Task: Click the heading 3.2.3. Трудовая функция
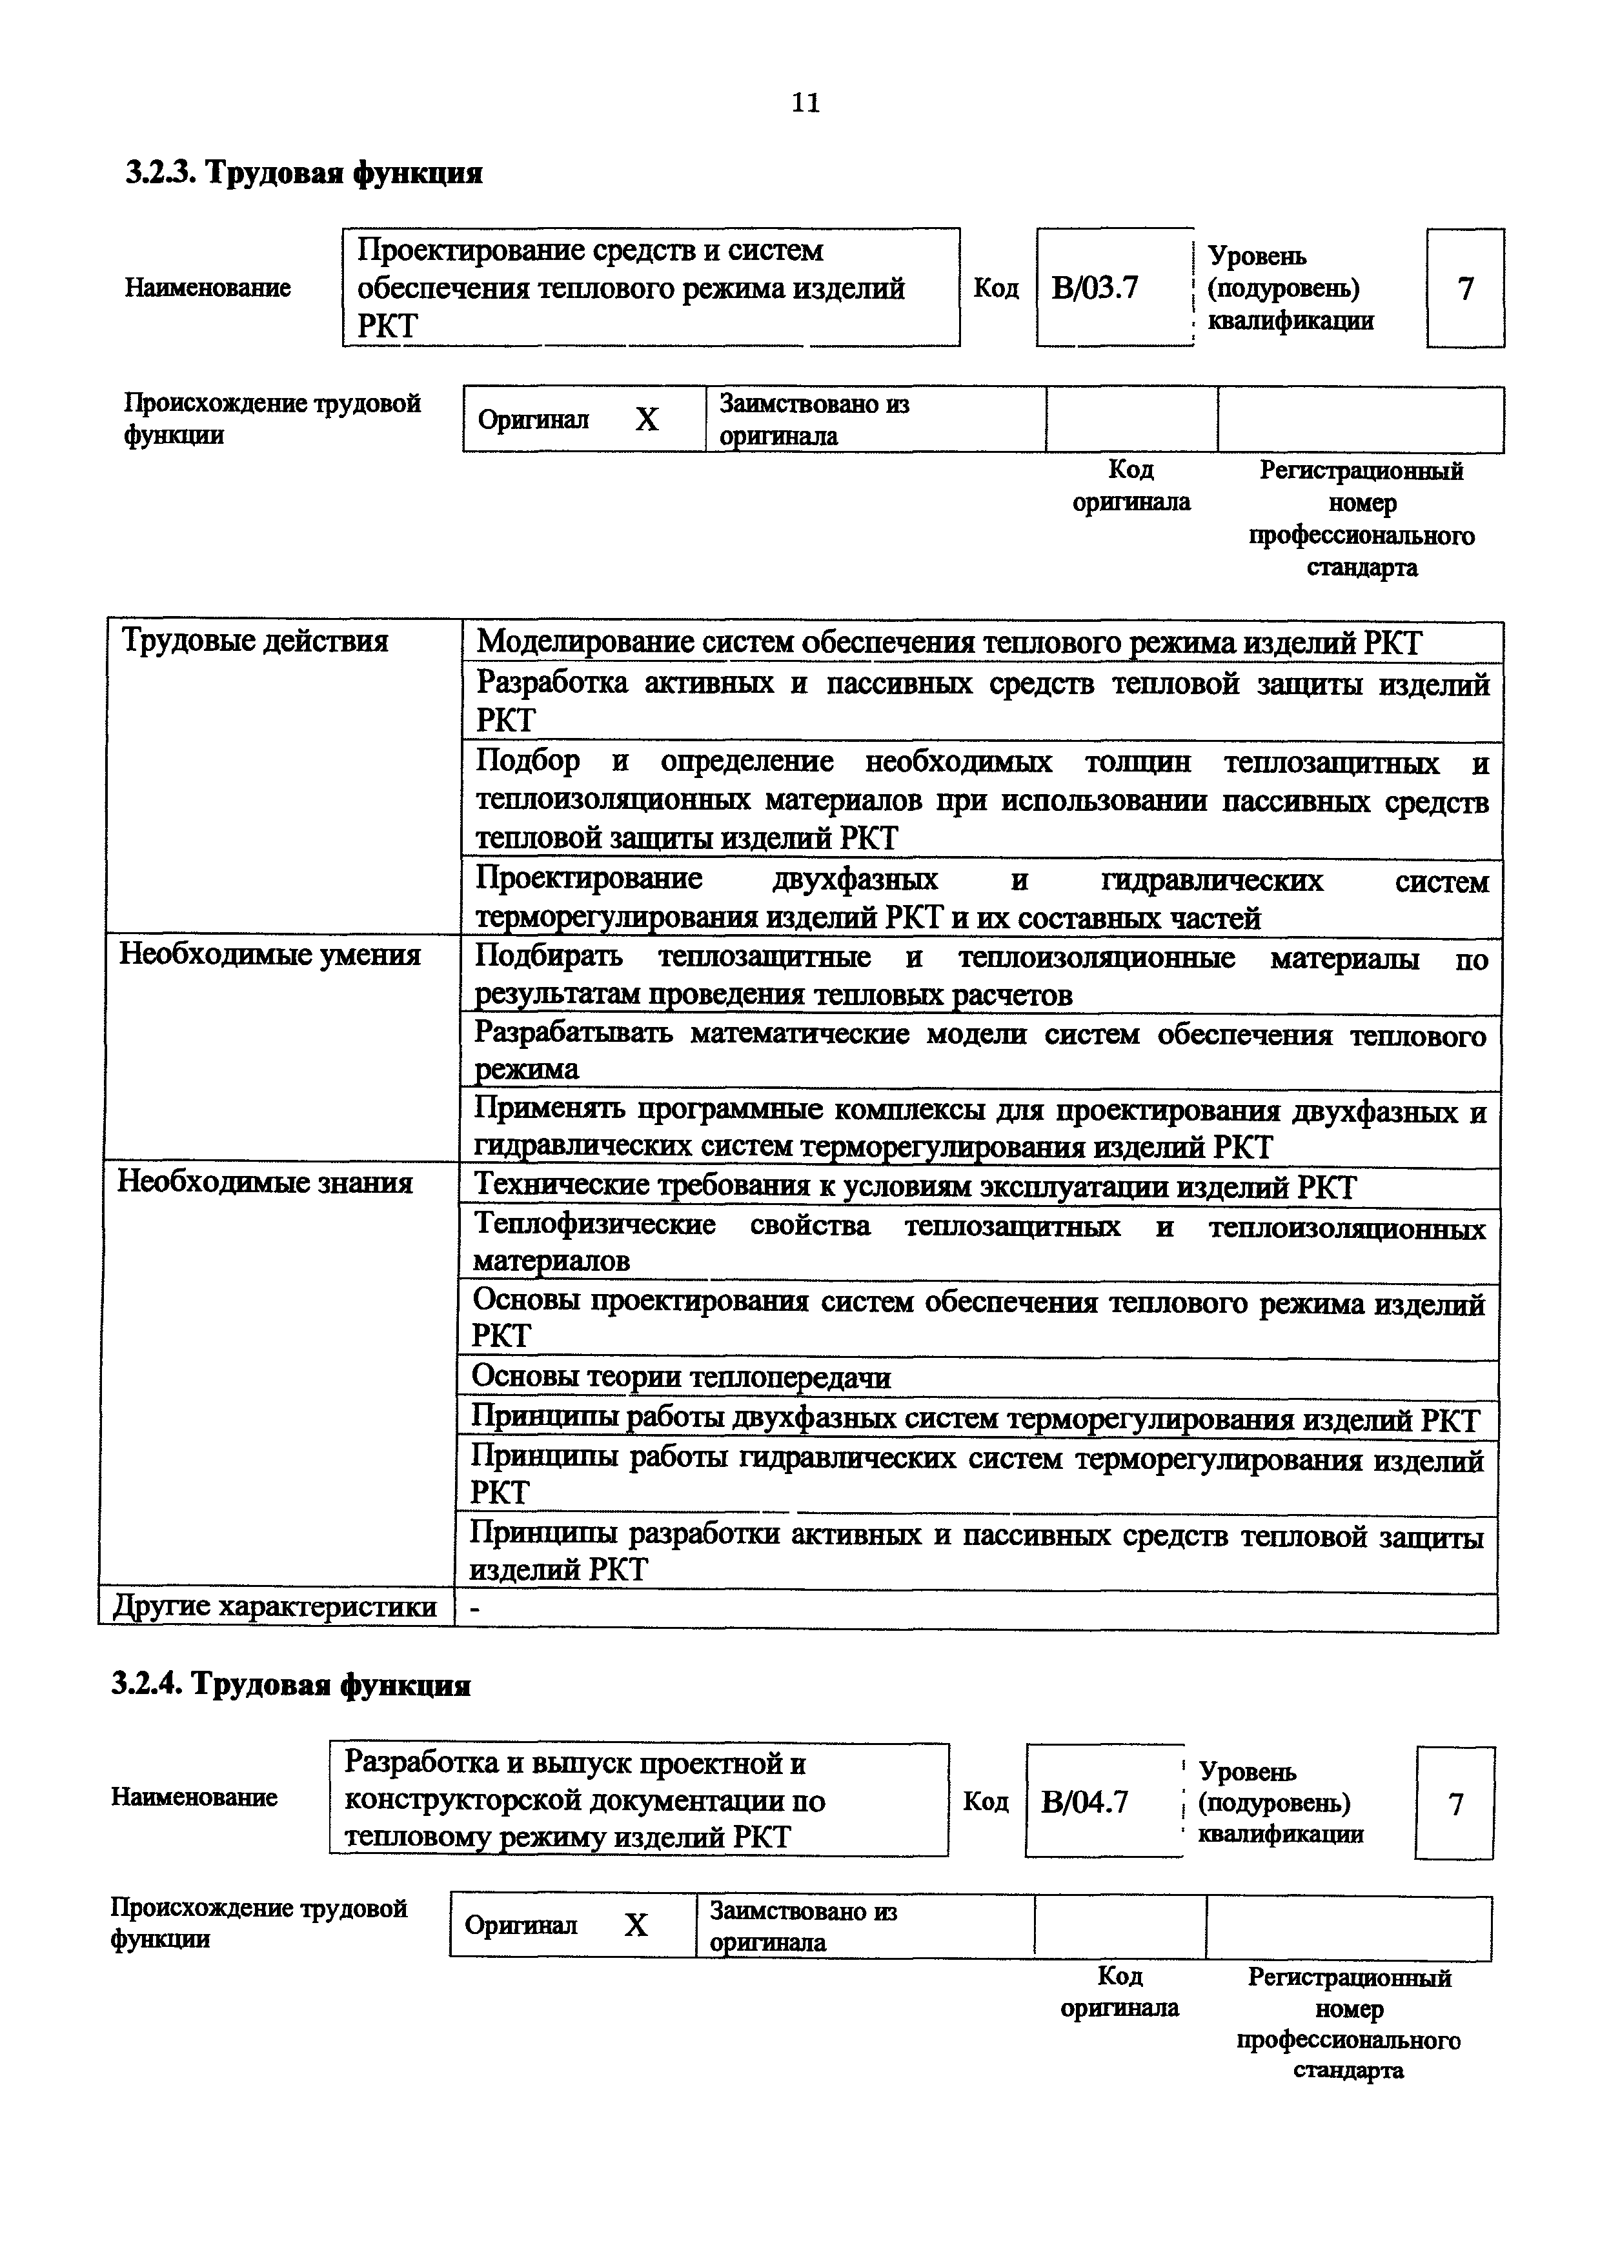pos(303,174)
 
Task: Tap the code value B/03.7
pos(1094,288)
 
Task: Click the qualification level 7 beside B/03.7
pos(1465,289)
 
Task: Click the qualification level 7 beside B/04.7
pos(1455,1804)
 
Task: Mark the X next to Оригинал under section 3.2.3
pos(647,421)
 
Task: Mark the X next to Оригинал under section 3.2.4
pos(636,1925)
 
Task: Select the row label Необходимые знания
pos(264,1182)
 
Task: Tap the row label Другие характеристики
pos(274,1606)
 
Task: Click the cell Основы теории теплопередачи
pos(680,1377)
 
